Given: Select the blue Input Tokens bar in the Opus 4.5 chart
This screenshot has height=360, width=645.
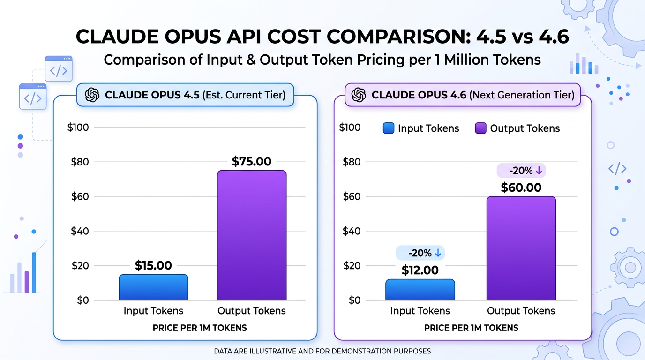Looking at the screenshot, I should click(153, 287).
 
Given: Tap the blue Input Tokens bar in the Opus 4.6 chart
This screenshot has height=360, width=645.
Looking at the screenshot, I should click(420, 290).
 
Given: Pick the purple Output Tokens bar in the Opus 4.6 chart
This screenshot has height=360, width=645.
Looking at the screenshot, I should click(521, 248).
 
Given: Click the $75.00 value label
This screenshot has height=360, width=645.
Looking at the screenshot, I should click(252, 162).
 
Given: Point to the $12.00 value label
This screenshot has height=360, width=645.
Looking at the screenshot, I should click(420, 270).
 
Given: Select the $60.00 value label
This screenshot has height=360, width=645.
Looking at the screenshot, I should click(521, 187).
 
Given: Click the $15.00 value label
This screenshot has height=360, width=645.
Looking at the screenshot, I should click(153, 266).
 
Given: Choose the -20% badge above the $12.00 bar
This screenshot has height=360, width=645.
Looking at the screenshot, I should click(420, 253).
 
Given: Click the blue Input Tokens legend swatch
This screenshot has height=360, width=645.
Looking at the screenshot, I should click(389, 128).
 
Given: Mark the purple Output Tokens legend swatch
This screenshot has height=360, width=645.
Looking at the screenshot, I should click(480, 128).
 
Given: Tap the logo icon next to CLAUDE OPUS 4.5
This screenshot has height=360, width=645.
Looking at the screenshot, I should click(92, 95).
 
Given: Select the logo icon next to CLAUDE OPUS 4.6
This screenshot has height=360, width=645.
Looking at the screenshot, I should click(359, 95).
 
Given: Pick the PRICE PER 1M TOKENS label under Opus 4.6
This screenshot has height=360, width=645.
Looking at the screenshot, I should click(471, 328).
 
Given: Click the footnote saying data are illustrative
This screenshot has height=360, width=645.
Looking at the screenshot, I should click(322, 351).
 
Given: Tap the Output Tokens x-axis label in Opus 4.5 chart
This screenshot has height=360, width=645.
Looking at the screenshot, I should click(252, 311).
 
